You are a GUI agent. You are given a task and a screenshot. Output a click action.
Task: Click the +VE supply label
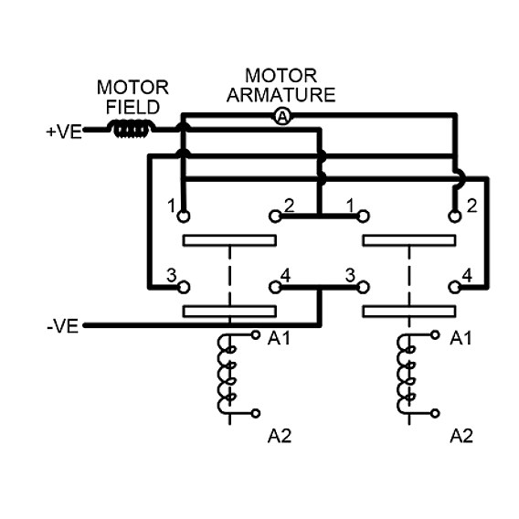point(64,132)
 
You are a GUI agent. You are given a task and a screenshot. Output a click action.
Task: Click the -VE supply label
point(63,326)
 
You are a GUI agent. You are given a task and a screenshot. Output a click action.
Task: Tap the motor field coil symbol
point(131,129)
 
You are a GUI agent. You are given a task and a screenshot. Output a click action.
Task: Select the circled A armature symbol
point(282,116)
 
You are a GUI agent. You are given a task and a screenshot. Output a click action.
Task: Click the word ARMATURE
point(281,95)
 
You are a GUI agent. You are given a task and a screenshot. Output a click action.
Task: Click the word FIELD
point(132,107)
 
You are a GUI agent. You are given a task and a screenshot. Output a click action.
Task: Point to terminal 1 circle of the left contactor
point(184,217)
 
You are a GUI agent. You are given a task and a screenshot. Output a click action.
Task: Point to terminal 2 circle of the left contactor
point(275,217)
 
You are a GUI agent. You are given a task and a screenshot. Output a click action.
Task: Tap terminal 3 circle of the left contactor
point(184,287)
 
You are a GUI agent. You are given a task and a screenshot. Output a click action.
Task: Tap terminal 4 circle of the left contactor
point(275,287)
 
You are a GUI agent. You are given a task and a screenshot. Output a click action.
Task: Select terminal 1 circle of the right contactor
point(363,217)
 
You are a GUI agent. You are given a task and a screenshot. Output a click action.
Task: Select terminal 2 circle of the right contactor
point(455,217)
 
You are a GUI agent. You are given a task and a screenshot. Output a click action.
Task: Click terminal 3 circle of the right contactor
point(363,287)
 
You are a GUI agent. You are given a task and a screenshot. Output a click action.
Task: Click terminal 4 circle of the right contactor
point(455,287)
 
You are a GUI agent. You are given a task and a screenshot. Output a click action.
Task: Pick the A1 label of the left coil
point(279,338)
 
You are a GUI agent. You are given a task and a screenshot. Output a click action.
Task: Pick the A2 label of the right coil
point(461,436)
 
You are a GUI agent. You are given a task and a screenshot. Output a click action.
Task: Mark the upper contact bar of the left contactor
point(229,240)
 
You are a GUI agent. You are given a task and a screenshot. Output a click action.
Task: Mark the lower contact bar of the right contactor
point(409,312)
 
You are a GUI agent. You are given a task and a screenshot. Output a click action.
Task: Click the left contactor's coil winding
point(225,374)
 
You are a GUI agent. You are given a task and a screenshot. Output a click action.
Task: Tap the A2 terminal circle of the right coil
point(435,413)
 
